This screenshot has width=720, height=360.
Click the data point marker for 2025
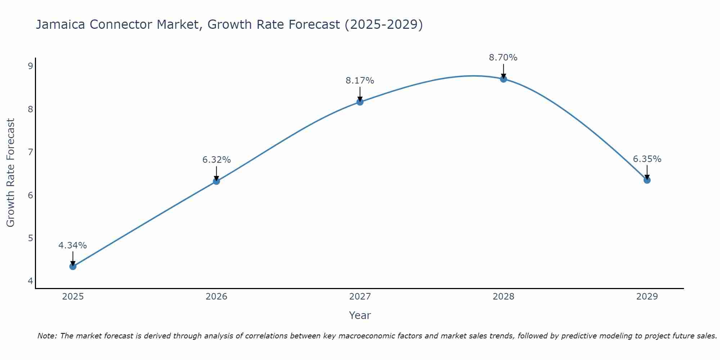click(x=73, y=266)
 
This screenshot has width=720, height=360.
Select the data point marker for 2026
click(x=216, y=181)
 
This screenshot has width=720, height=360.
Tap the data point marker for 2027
click(x=360, y=102)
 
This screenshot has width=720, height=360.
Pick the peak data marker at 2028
click(x=503, y=79)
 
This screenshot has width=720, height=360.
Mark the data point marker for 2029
click(x=647, y=180)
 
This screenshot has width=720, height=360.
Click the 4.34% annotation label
click(x=73, y=246)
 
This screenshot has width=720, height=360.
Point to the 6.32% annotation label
click(x=216, y=160)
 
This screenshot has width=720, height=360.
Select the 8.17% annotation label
click(x=360, y=81)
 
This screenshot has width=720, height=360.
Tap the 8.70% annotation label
click(x=503, y=58)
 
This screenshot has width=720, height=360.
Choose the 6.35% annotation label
click(x=647, y=159)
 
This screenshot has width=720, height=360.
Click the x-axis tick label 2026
click(x=216, y=297)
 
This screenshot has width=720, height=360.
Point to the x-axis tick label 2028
click(x=503, y=297)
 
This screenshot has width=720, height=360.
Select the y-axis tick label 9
click(x=30, y=66)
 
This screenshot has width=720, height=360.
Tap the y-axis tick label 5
click(x=30, y=238)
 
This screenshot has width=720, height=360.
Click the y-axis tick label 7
click(x=30, y=152)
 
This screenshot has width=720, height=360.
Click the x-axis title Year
click(x=360, y=315)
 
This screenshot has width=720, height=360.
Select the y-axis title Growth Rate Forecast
click(x=11, y=173)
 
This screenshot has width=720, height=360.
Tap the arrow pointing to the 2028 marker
click(x=503, y=71)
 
